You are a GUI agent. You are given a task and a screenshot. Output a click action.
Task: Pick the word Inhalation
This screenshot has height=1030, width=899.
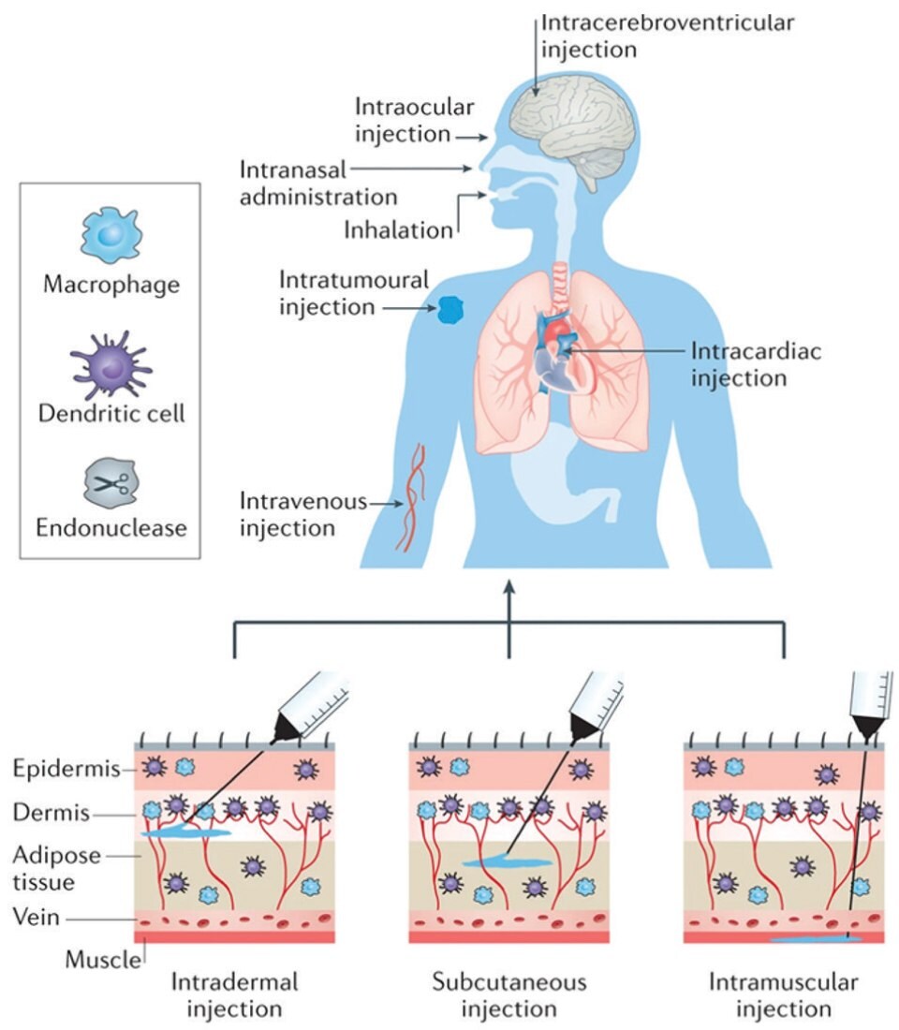click(398, 228)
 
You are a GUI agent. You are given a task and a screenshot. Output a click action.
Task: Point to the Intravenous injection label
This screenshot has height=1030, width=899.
click(302, 514)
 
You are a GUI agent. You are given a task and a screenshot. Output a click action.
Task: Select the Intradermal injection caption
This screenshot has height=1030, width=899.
click(234, 995)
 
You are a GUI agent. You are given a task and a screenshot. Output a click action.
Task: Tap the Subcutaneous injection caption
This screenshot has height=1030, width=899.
click(509, 995)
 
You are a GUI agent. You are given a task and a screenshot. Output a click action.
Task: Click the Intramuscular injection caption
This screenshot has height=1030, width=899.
click(783, 995)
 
